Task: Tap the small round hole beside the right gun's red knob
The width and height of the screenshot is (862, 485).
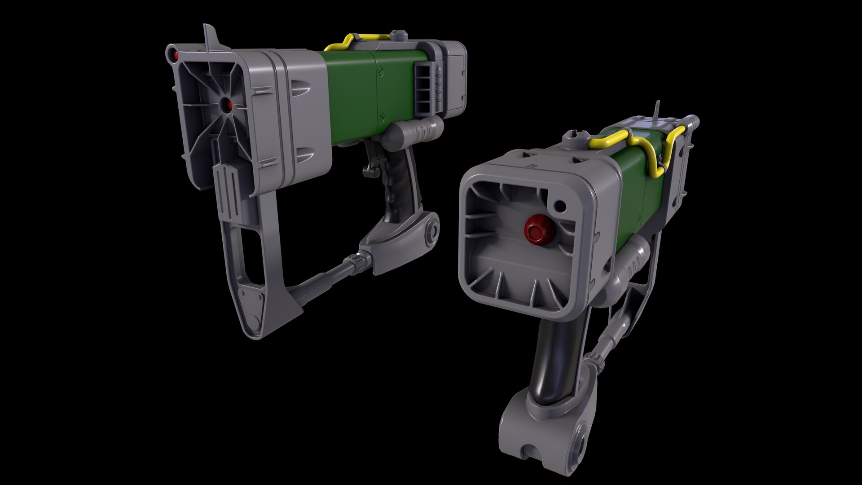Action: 560,206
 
